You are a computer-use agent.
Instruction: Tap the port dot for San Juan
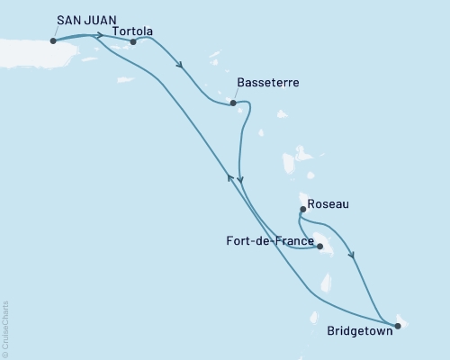pos(54,40)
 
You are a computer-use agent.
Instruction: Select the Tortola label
pos(132,31)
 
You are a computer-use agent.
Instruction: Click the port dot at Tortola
pos(133,40)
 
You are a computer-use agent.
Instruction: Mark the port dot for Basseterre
pos(234,103)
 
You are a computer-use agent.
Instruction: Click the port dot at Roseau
pos(302,210)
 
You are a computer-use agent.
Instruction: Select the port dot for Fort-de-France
pos(319,243)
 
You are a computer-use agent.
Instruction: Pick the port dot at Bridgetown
pos(395,322)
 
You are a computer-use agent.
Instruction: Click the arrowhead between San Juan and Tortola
pos(98,36)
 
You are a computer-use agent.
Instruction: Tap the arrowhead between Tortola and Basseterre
pos(182,65)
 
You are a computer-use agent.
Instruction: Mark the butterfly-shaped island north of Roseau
pos(290,163)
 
